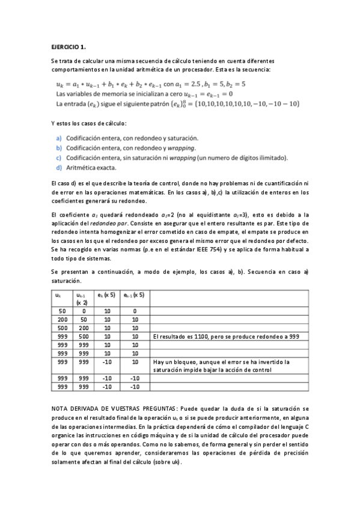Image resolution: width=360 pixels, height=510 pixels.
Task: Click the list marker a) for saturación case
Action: pos(59,138)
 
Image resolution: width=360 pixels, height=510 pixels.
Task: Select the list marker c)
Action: pos(59,158)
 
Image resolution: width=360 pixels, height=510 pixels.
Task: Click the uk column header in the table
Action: pos(58,295)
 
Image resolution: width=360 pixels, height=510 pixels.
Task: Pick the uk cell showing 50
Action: pos(62,311)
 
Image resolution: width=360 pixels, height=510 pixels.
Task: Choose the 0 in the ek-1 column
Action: pos(135,311)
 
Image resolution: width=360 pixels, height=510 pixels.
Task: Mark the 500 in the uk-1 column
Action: pos(83,337)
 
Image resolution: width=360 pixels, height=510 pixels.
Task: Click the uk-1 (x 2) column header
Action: pos(82,299)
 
